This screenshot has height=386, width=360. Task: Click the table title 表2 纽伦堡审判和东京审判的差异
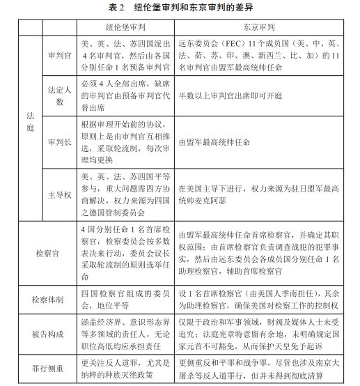[x=180, y=8]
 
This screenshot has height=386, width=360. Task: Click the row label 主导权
[x=58, y=193]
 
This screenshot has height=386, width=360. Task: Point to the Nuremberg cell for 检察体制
[x=125, y=298]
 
